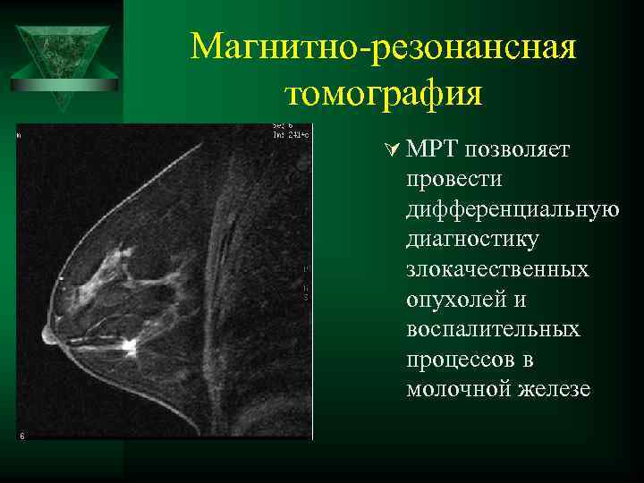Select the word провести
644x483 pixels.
[x=453, y=179]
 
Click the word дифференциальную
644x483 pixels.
[x=512, y=209]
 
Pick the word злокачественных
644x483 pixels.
[x=497, y=269]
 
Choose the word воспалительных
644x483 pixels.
[x=493, y=329]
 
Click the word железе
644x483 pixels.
[x=551, y=390]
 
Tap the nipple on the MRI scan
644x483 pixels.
[x=47, y=335]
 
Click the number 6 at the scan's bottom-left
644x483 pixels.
[x=21, y=436]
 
